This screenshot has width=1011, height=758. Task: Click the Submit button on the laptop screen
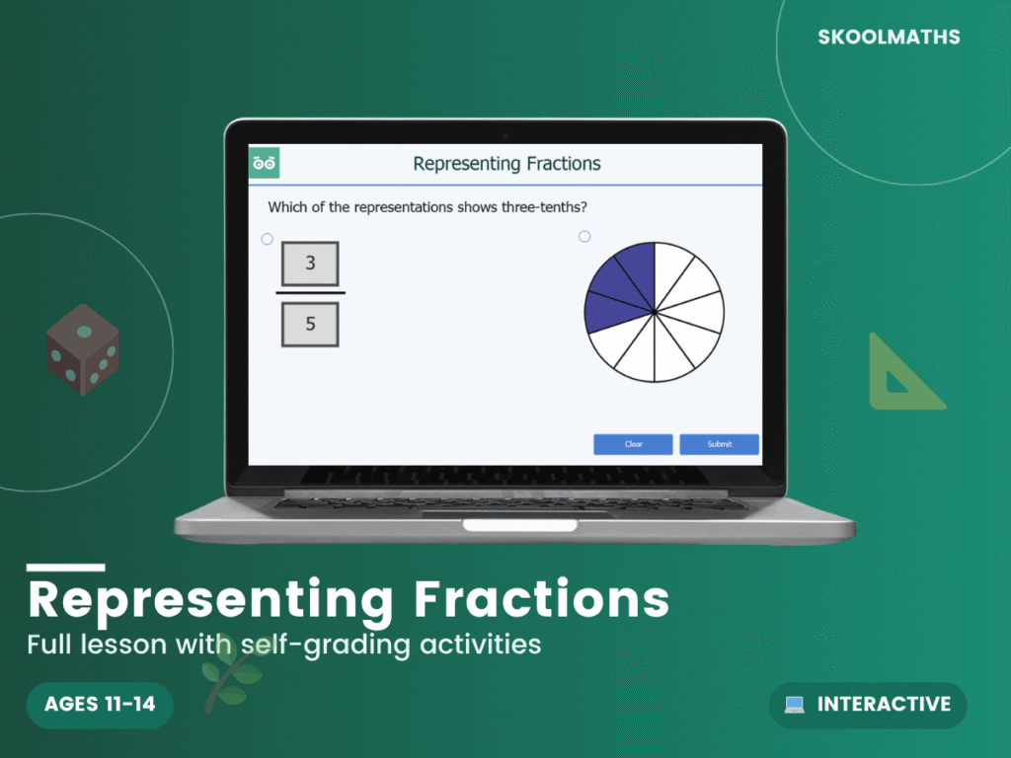tap(719, 444)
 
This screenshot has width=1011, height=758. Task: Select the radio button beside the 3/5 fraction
tap(267, 239)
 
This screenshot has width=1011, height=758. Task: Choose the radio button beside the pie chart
tap(584, 236)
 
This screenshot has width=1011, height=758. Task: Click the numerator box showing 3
tap(310, 264)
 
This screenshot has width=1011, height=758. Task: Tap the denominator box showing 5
tap(310, 324)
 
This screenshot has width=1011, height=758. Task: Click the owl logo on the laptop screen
tap(264, 163)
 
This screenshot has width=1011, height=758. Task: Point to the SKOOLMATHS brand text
tap(889, 38)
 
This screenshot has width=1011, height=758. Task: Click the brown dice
tap(83, 349)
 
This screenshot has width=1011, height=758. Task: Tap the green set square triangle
tap(900, 375)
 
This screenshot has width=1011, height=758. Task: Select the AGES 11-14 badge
tap(100, 705)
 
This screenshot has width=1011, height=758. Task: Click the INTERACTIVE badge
tap(868, 705)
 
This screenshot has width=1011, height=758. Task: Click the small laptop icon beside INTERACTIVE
tap(794, 705)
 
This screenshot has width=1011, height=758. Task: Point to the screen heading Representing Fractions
tap(506, 164)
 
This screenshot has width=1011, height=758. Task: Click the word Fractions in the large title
tap(542, 599)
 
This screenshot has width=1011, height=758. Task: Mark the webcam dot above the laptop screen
tap(505, 134)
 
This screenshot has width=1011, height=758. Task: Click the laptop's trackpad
tap(519, 524)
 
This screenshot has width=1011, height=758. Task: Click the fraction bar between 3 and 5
tap(310, 293)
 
